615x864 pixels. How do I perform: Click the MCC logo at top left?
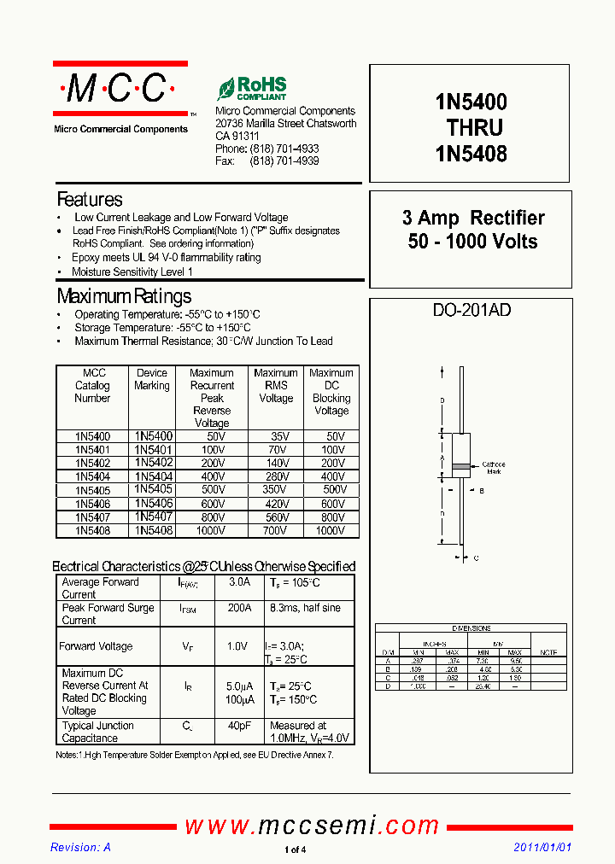point(120,88)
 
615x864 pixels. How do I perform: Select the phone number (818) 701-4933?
point(284,149)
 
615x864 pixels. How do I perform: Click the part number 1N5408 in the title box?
point(471,154)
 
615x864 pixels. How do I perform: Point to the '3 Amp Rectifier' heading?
point(473,219)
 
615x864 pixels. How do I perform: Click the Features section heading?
point(90,200)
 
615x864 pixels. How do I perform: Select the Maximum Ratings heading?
point(124,296)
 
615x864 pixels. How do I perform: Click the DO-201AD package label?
point(472,310)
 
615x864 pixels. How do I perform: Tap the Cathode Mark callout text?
point(494,467)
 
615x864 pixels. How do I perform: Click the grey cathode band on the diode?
point(461,466)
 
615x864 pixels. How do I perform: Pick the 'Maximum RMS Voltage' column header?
point(276,386)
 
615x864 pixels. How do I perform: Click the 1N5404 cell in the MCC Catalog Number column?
point(92,476)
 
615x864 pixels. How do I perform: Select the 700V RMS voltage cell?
point(276,530)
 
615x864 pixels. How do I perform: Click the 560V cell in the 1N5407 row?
point(276,517)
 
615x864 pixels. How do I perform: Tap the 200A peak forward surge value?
point(239,608)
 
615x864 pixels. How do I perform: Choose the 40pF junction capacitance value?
point(239,726)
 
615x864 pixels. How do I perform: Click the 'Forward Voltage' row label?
point(96,646)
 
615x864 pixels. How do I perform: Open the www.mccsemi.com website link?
point(312,826)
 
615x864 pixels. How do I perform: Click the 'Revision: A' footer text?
point(80,848)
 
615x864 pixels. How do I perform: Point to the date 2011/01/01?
point(542,848)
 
